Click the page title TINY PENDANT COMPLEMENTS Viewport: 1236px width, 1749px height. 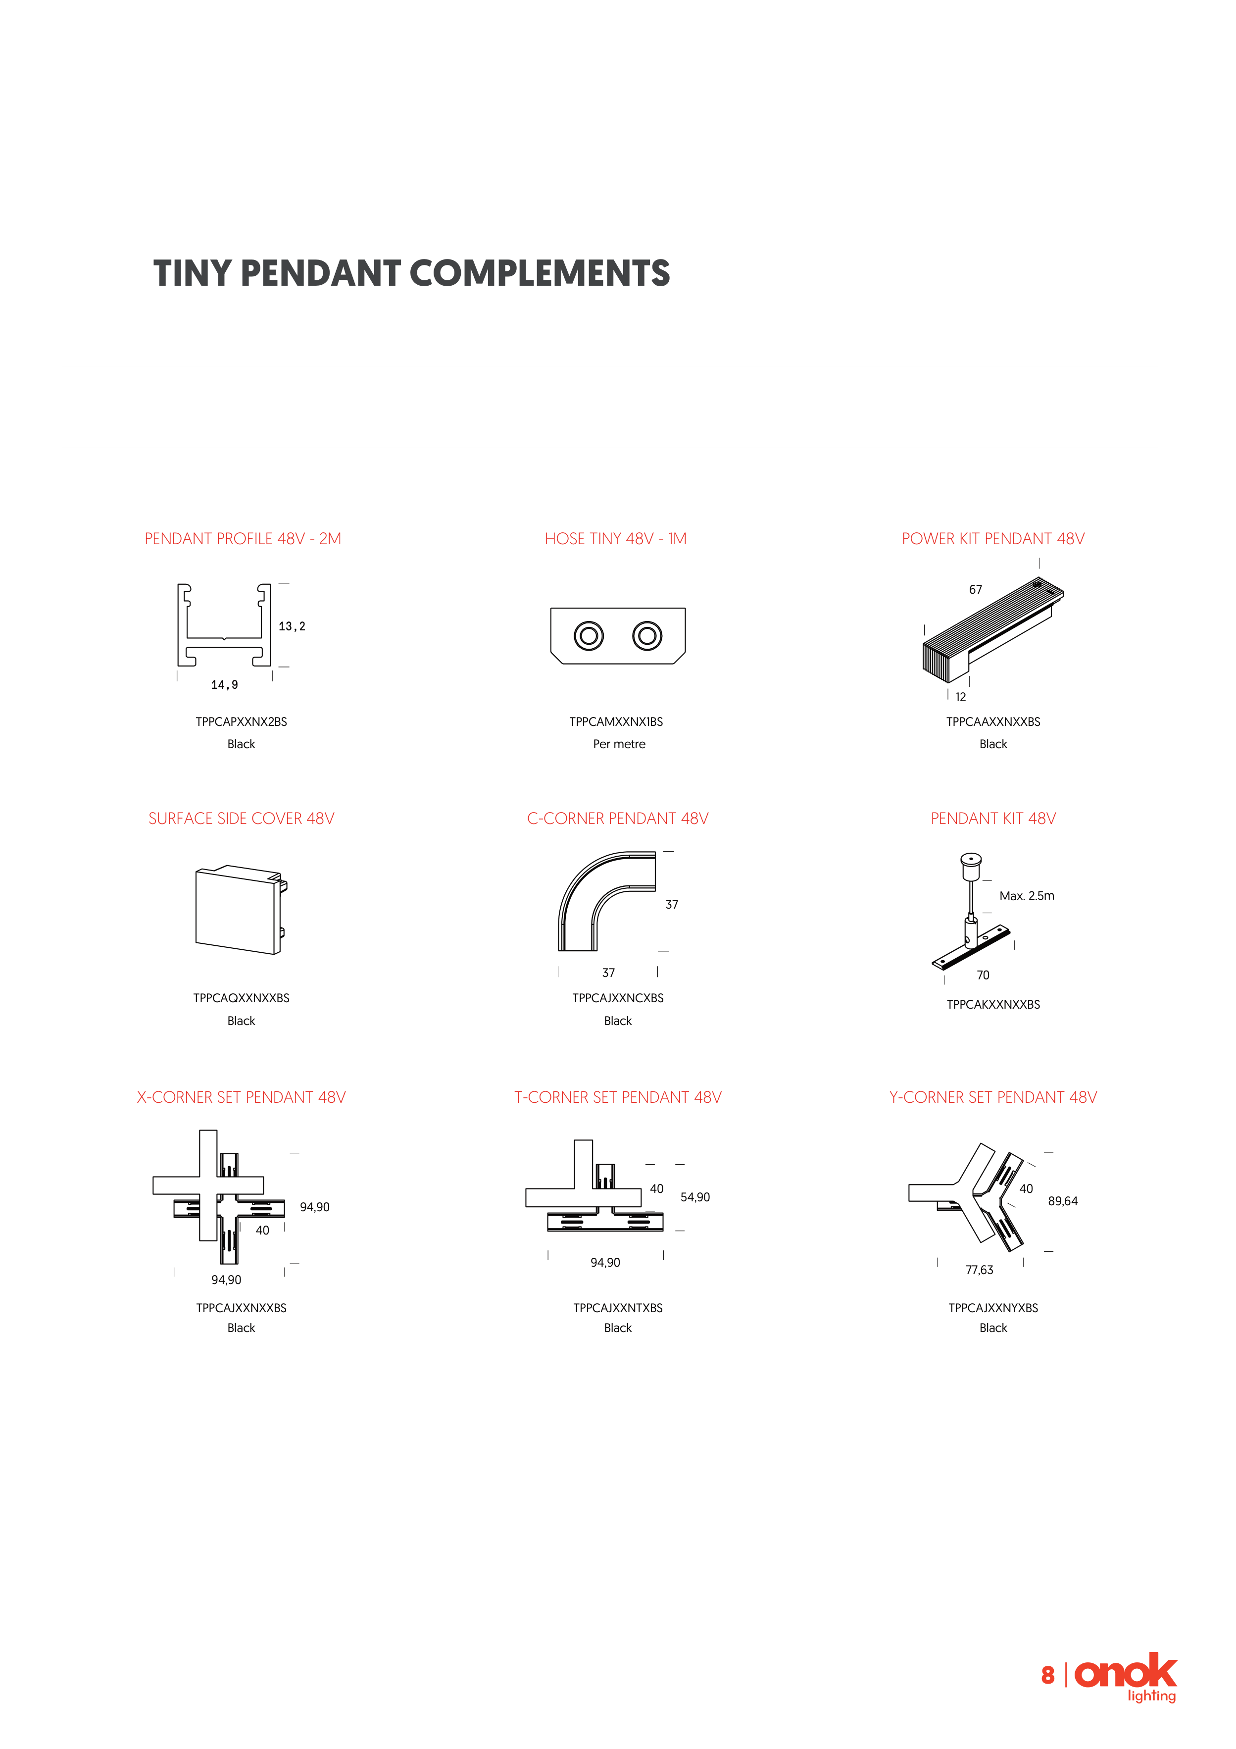pyautogui.click(x=411, y=273)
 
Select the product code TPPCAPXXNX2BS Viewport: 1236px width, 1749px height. pyautogui.click(x=242, y=721)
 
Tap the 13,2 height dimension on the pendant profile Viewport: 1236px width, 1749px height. pyautogui.click(x=292, y=626)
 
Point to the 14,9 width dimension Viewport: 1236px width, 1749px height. pyautogui.click(x=225, y=685)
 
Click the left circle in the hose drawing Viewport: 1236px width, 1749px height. pyautogui.click(x=589, y=635)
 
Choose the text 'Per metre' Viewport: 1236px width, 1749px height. pyautogui.click(x=619, y=744)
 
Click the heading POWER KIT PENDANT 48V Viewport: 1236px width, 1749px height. pyautogui.click(x=993, y=539)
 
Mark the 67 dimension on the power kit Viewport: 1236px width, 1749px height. pyautogui.click(x=976, y=590)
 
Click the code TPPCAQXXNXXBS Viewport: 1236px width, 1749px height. pyautogui.click(x=242, y=998)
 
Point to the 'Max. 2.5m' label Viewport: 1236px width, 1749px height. pyautogui.click(x=1027, y=896)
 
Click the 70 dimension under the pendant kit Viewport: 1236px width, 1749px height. pyautogui.click(x=983, y=975)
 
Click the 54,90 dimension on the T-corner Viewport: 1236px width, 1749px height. pyautogui.click(x=695, y=1197)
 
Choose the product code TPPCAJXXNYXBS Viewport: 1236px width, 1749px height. pyautogui.click(x=993, y=1308)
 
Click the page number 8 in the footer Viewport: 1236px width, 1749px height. pyautogui.click(x=1048, y=1675)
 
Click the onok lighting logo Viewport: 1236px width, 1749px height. pyautogui.click(x=1126, y=1675)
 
